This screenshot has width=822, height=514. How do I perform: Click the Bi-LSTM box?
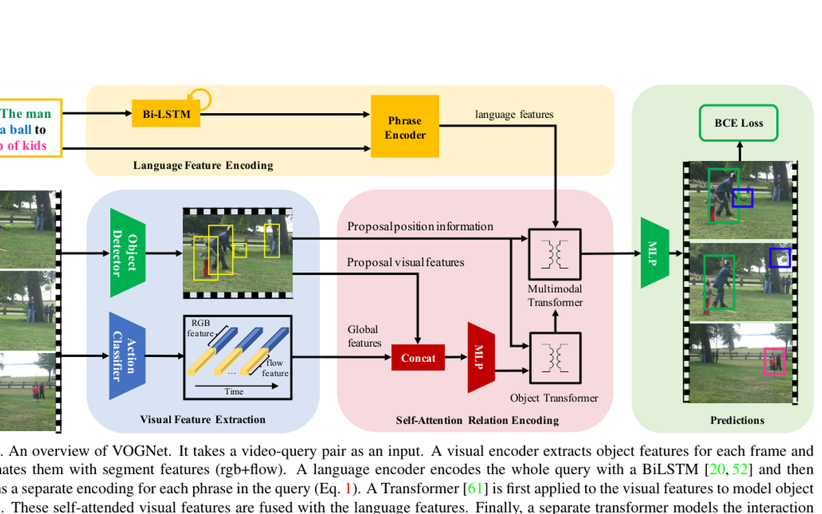166,113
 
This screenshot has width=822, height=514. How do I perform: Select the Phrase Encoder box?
404,127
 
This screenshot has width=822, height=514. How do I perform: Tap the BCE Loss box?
738,123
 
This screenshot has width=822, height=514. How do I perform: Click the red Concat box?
418,358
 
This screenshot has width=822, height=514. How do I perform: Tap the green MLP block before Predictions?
653,253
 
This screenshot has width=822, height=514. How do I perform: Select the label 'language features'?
514,114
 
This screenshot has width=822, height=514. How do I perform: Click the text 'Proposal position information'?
420,226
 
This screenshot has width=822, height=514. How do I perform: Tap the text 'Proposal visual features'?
406,262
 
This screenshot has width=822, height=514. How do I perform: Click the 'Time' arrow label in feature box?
234,391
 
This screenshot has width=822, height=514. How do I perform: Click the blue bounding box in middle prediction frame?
780,258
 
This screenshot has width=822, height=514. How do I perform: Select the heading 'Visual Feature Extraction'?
203,419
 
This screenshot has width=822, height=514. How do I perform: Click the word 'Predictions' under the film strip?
737,420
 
